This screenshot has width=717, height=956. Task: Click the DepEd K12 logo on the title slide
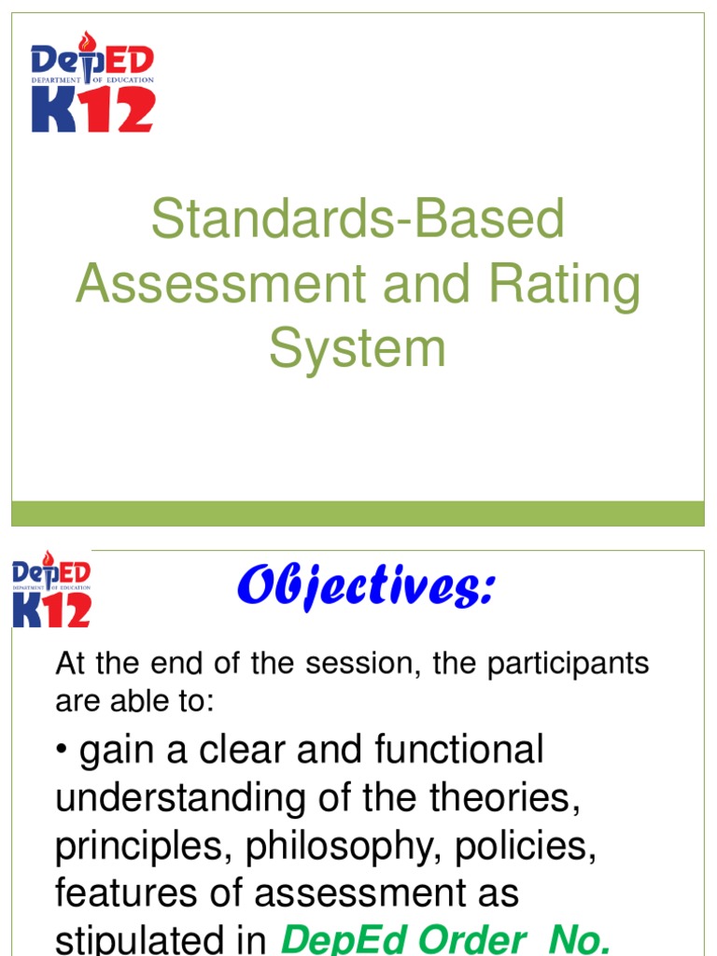click(92, 82)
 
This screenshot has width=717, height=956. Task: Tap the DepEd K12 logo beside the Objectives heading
click(51, 592)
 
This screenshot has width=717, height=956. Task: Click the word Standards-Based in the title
click(358, 219)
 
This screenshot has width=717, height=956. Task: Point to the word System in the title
click(358, 348)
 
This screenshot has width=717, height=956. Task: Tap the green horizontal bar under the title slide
click(358, 513)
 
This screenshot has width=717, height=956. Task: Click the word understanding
click(167, 798)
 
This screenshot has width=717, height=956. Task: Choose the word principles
click(145, 846)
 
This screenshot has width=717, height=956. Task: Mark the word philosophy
click(351, 846)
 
